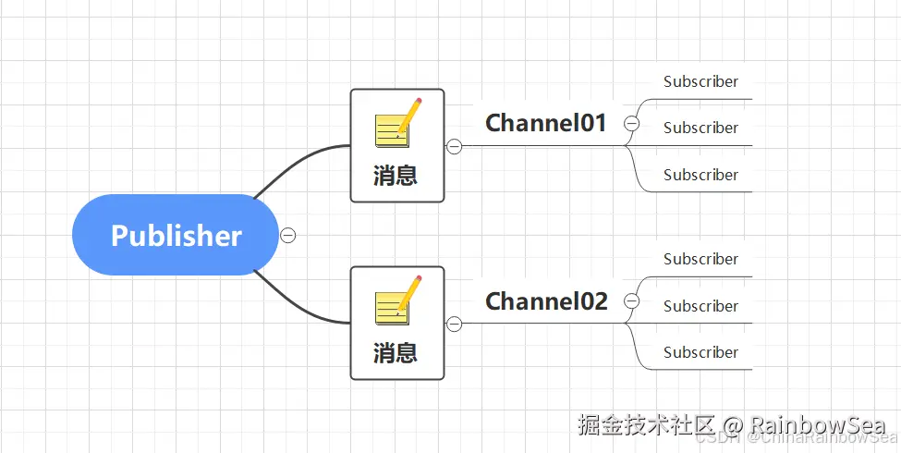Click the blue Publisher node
(176, 235)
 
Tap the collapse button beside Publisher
(288, 235)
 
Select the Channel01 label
(545, 123)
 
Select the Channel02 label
(546, 300)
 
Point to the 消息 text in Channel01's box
(396, 175)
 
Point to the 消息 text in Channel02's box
(396, 352)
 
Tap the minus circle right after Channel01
(632, 123)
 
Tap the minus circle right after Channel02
(632, 300)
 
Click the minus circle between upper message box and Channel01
(454, 146)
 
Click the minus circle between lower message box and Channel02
(454, 324)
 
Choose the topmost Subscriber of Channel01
(700, 81)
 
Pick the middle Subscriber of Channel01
(700, 128)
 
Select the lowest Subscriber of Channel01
(700, 175)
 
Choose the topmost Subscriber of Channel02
(700, 259)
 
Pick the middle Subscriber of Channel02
(700, 306)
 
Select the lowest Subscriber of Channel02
(700, 352)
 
